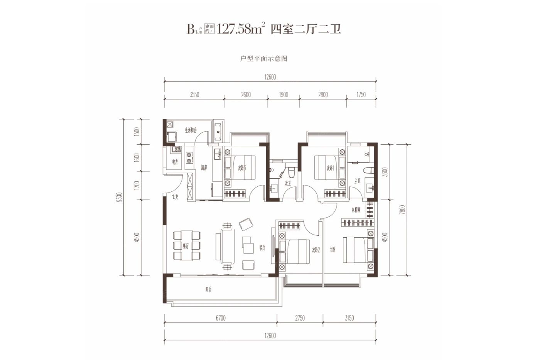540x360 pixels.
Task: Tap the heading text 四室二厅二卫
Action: click(305, 29)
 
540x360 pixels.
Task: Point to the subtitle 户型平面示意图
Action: click(264, 59)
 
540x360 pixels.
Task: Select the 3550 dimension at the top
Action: click(194, 95)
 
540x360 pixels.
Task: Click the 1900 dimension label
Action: click(283, 95)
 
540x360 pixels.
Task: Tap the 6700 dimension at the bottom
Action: click(221, 318)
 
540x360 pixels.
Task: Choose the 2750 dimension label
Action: click(300, 318)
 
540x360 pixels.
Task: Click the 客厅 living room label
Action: click(262, 247)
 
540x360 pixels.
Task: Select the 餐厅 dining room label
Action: click(186, 246)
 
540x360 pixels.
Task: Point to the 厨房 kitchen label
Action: click(204, 168)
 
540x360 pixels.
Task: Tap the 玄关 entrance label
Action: click(175, 197)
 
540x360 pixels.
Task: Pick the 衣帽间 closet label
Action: click(356, 210)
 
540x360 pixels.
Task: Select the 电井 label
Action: click(175, 162)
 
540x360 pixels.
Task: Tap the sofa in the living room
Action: click(227, 247)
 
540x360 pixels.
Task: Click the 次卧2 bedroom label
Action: click(316, 250)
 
